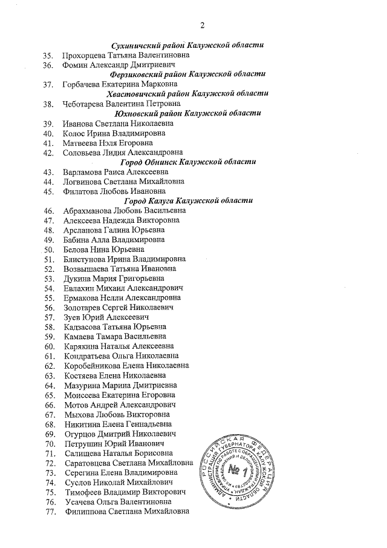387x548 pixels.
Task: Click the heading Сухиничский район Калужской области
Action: [189, 45]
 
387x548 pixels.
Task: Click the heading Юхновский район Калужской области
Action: [187, 113]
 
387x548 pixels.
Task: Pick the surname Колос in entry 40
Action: [75, 133]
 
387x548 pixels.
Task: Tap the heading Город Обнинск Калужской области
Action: [188, 162]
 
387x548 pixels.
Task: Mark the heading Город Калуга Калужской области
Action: [188, 201]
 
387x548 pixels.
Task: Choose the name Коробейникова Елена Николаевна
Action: [126, 366]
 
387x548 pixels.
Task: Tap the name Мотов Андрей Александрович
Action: [119, 404]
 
